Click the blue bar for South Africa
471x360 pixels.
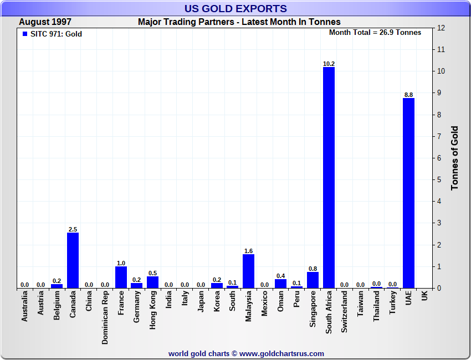click(x=329, y=177)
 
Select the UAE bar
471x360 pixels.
click(x=408, y=193)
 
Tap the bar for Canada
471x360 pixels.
click(x=73, y=260)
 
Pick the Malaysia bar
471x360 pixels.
click(x=249, y=271)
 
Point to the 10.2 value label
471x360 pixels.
click(x=329, y=64)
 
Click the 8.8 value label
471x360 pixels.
click(x=408, y=95)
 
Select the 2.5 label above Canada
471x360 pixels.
click(x=73, y=229)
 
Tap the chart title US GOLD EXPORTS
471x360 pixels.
click(x=235, y=8)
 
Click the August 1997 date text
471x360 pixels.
click(x=45, y=22)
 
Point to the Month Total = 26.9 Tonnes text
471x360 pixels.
click(x=375, y=33)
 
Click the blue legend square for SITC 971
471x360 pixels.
click(x=25, y=34)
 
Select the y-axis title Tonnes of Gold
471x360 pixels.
click(x=454, y=158)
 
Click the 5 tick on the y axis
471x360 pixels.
click(x=439, y=180)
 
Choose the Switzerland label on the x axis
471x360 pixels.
click(x=345, y=312)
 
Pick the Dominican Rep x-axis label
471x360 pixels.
click(x=105, y=318)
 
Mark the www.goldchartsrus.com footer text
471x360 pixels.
click(x=282, y=353)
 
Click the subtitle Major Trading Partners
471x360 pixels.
click(x=239, y=22)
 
